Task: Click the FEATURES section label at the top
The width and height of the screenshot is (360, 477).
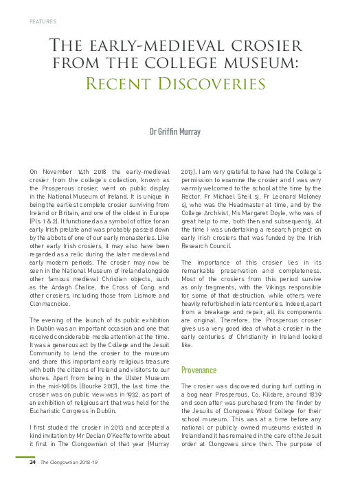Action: (43, 21)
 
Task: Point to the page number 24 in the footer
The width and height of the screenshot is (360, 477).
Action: (32, 462)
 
